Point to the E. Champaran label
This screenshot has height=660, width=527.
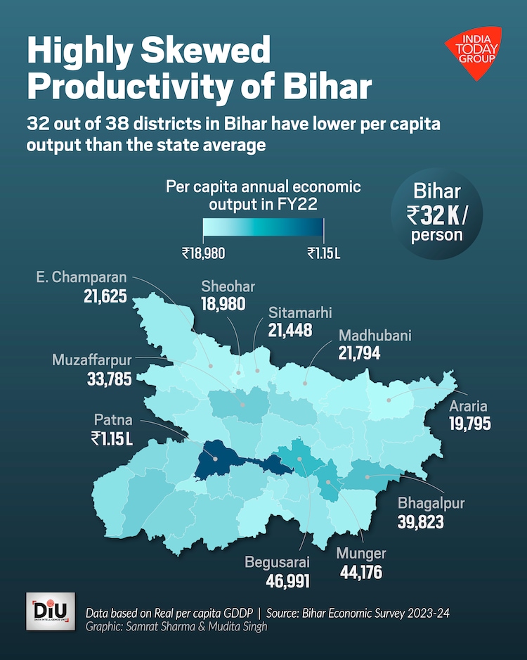click(x=81, y=277)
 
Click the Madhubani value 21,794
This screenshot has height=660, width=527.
click(x=358, y=353)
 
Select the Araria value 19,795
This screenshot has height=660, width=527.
click(x=469, y=424)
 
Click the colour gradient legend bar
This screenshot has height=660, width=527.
click(x=263, y=229)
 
